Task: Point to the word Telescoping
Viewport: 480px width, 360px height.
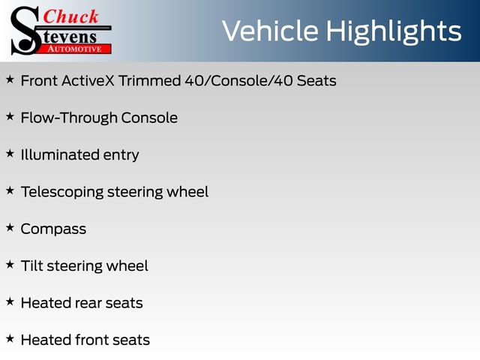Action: [x=62, y=192]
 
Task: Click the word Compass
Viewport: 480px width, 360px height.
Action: [x=53, y=229]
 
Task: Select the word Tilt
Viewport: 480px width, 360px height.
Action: [x=31, y=265]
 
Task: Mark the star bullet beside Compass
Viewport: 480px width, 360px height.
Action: [x=10, y=226]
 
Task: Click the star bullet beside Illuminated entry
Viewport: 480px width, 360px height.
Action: [x=10, y=152]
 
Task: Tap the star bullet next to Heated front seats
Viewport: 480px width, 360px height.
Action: [x=10, y=337]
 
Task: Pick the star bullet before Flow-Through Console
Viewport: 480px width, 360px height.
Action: [x=10, y=115]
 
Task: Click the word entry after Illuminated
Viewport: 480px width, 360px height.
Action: [x=121, y=155]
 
